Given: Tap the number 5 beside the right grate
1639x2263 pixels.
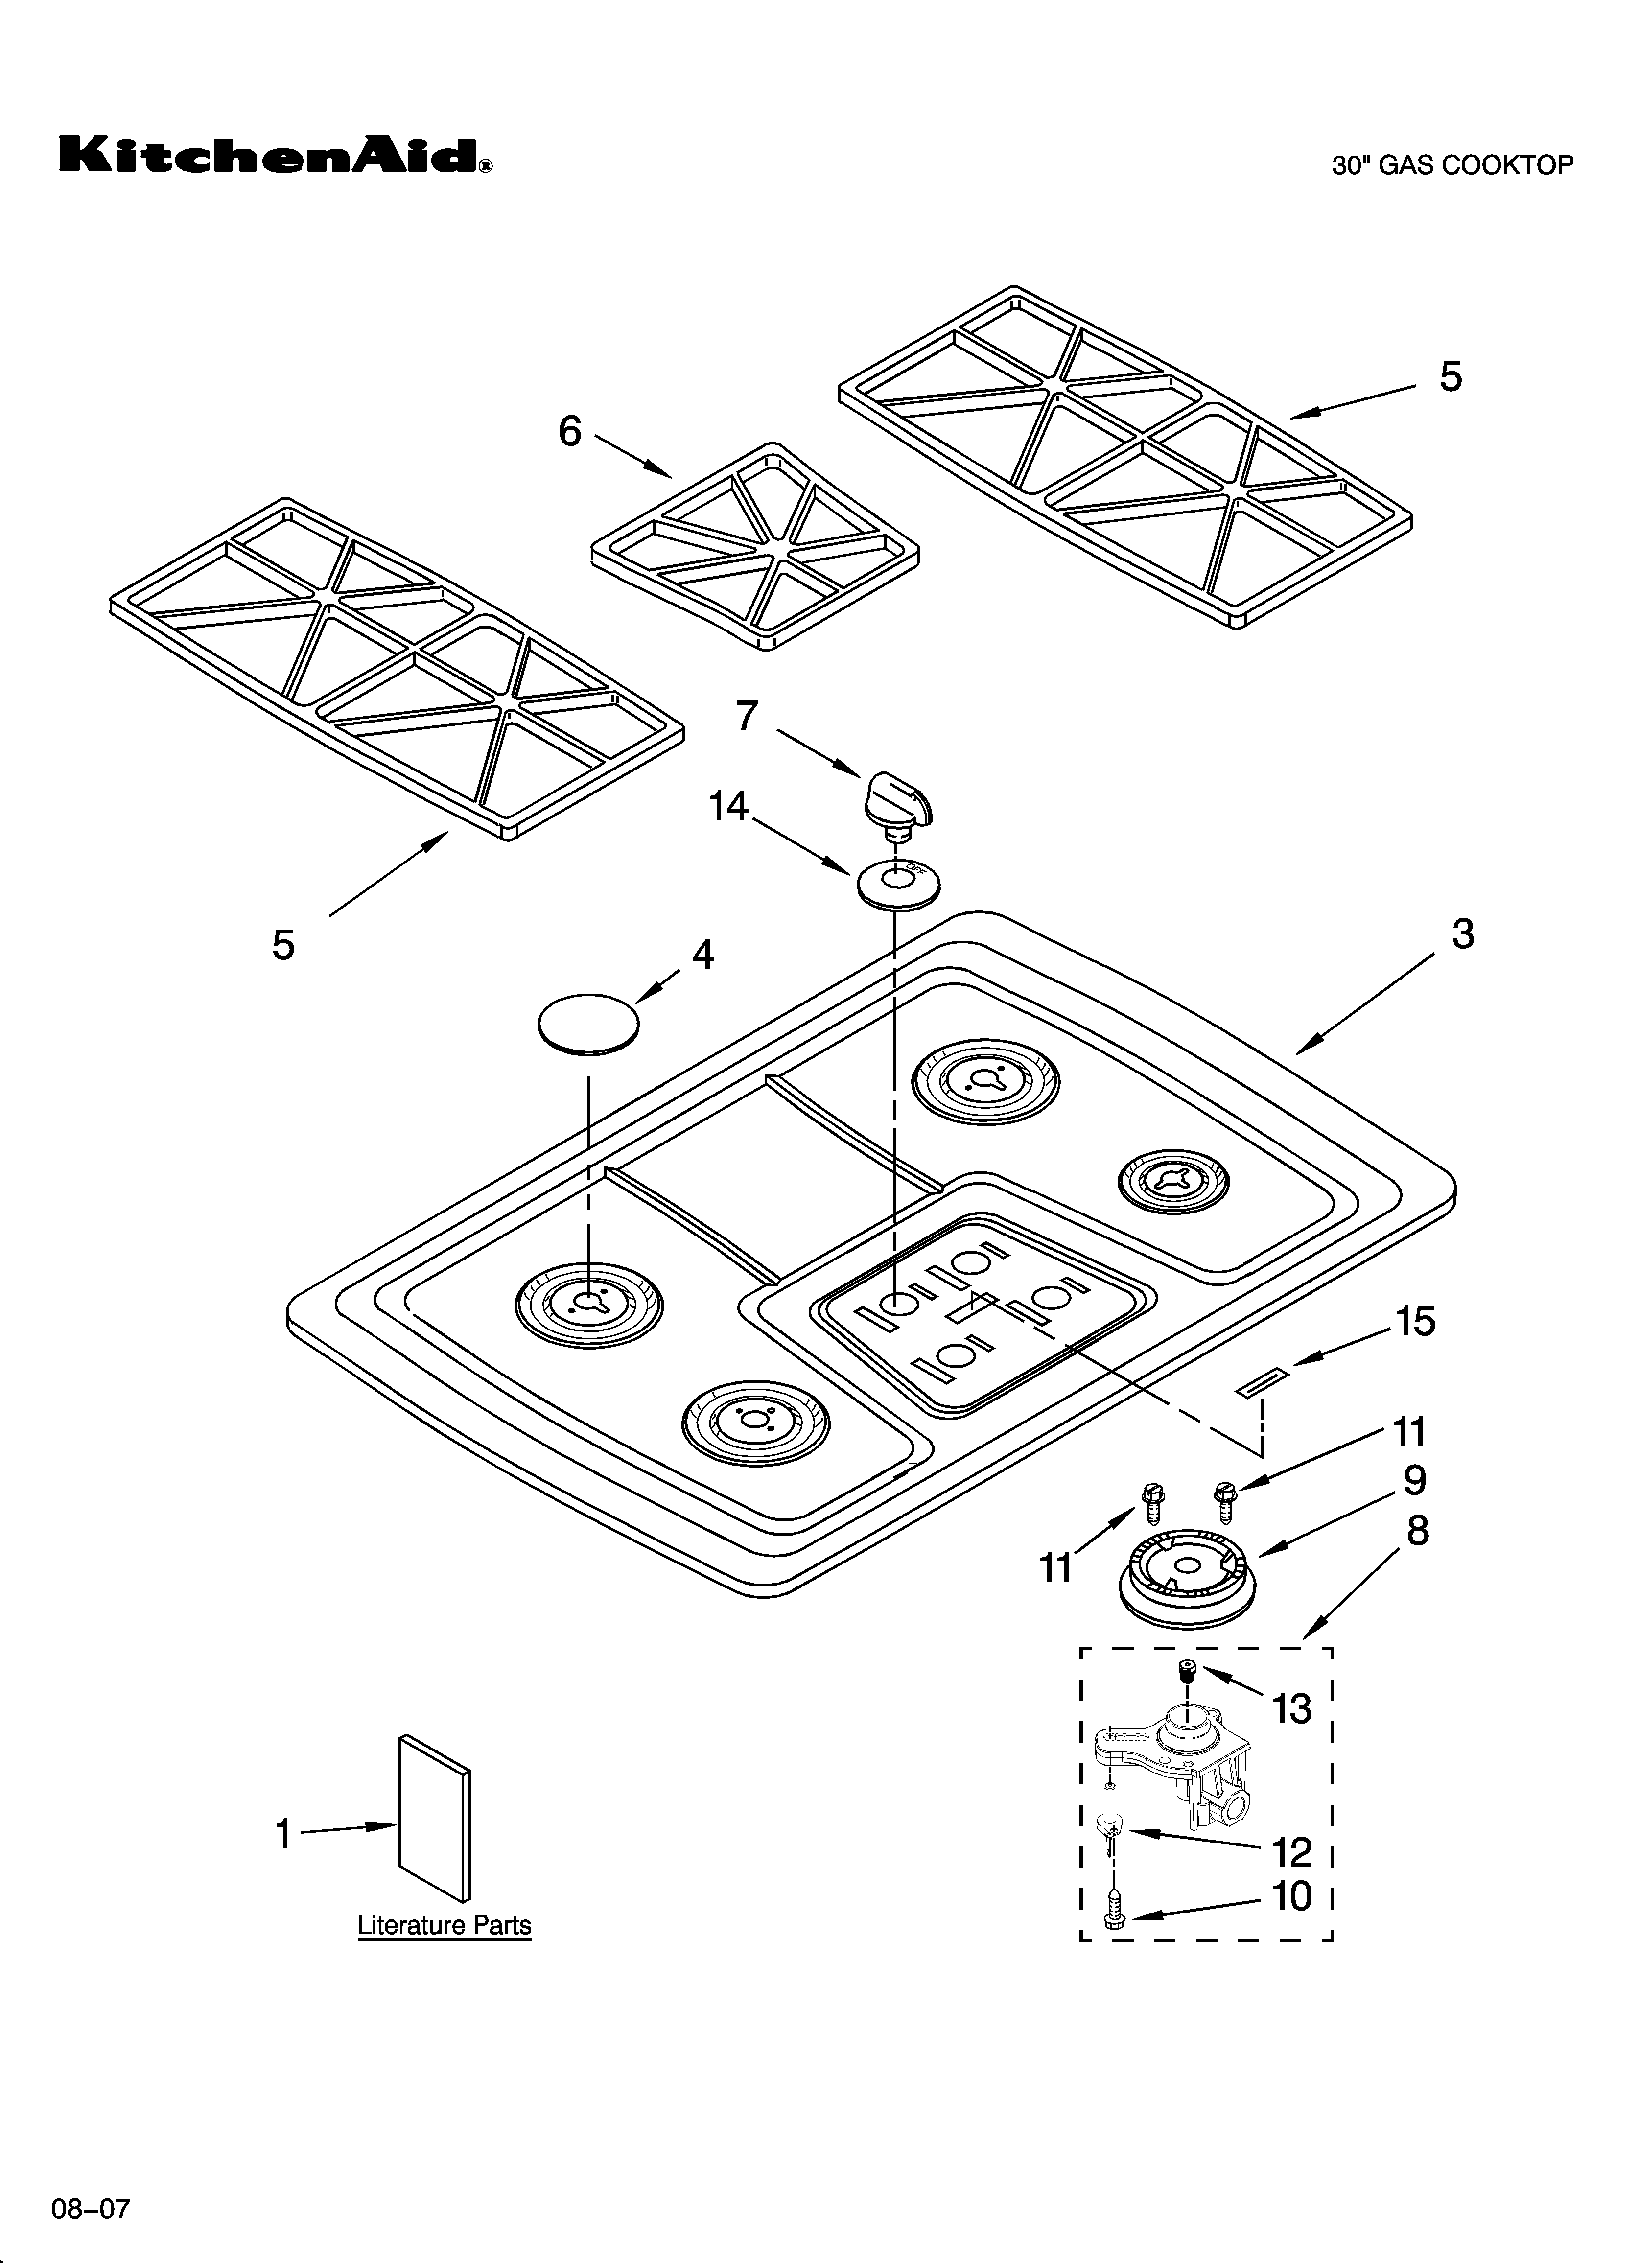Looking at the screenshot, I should coord(1451,377).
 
